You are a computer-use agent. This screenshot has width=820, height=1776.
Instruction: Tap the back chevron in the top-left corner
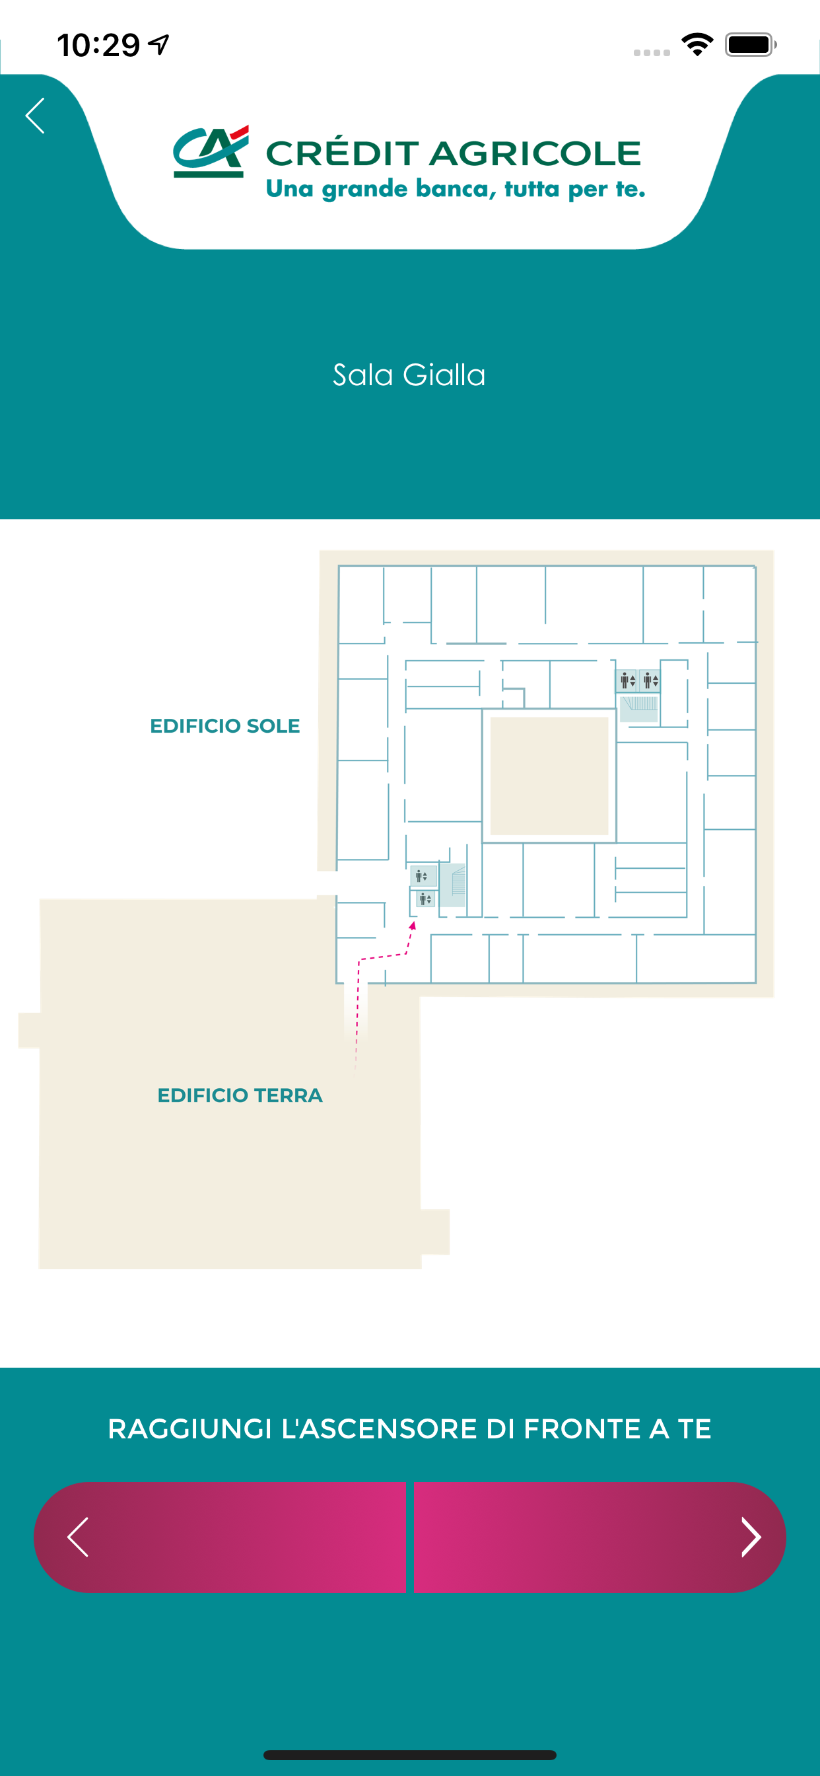35,115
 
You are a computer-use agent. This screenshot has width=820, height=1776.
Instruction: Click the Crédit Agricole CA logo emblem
211,151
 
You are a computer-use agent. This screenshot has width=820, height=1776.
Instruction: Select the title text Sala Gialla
409,375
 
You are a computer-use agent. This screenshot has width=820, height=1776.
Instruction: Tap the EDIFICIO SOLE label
224,726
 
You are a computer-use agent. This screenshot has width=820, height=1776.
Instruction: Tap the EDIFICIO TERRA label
240,1095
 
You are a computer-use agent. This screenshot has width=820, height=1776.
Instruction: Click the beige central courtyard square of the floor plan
549,776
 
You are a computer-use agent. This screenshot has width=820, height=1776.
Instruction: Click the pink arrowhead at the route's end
413,926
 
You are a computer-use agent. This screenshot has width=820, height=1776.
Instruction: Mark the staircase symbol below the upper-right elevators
639,709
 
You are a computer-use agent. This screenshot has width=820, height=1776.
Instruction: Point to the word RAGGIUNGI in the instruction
190,1429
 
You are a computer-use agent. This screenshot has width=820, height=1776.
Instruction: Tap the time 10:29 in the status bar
98,46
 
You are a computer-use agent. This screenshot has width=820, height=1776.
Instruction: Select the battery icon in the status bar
751,45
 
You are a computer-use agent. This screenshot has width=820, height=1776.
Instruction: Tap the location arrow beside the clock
159,45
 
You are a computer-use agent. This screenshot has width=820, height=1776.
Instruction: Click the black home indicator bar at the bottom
410,1756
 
